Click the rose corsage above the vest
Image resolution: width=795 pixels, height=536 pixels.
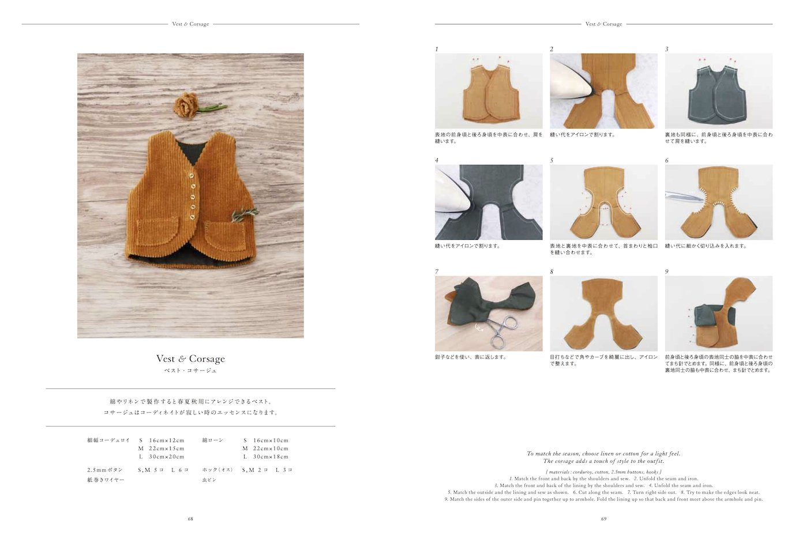(x=186, y=104)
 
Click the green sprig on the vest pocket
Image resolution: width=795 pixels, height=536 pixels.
(x=242, y=214)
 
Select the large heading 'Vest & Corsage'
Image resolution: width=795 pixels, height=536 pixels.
(x=190, y=358)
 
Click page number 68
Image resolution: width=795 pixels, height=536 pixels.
(x=190, y=519)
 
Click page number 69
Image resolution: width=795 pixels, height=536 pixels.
(x=603, y=519)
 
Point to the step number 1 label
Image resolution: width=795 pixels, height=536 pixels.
(x=437, y=49)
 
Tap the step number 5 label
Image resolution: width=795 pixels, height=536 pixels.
(x=552, y=160)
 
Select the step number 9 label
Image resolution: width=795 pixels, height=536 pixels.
(x=667, y=271)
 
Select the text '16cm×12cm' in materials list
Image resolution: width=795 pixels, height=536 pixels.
(x=167, y=440)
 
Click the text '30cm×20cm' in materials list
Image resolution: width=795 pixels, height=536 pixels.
(x=167, y=456)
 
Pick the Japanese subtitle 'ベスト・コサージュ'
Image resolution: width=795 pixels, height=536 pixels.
(x=190, y=371)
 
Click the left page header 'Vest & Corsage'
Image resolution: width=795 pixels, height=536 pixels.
(x=190, y=24)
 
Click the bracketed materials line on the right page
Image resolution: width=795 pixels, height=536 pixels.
(x=603, y=471)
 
